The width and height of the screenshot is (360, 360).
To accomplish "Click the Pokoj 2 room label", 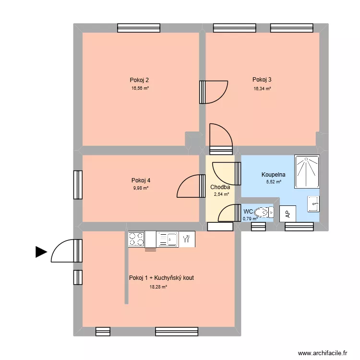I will [x=135, y=80].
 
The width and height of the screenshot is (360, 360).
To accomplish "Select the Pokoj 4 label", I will [x=141, y=180].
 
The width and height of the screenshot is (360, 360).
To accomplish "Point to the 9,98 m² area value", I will [x=141, y=188].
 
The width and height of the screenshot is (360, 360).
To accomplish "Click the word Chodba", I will [x=220, y=187].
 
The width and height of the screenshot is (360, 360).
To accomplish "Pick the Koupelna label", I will [x=274, y=175].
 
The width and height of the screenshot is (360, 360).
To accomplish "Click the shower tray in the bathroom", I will [x=307, y=172].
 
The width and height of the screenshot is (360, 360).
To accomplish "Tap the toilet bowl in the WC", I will [x=262, y=212].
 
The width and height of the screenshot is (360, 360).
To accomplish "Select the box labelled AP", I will [x=288, y=214].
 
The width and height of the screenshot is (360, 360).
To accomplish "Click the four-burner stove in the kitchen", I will [x=136, y=239].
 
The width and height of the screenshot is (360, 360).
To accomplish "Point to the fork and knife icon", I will [x=187, y=239].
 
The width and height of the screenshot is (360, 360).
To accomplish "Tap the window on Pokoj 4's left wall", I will [x=78, y=185].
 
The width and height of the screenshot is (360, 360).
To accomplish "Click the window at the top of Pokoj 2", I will [x=135, y=28].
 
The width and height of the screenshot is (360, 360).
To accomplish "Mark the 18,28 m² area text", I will [x=158, y=287].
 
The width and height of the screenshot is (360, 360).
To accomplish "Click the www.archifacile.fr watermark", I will [x=322, y=352].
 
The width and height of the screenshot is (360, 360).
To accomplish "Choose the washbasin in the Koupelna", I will [x=313, y=204].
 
